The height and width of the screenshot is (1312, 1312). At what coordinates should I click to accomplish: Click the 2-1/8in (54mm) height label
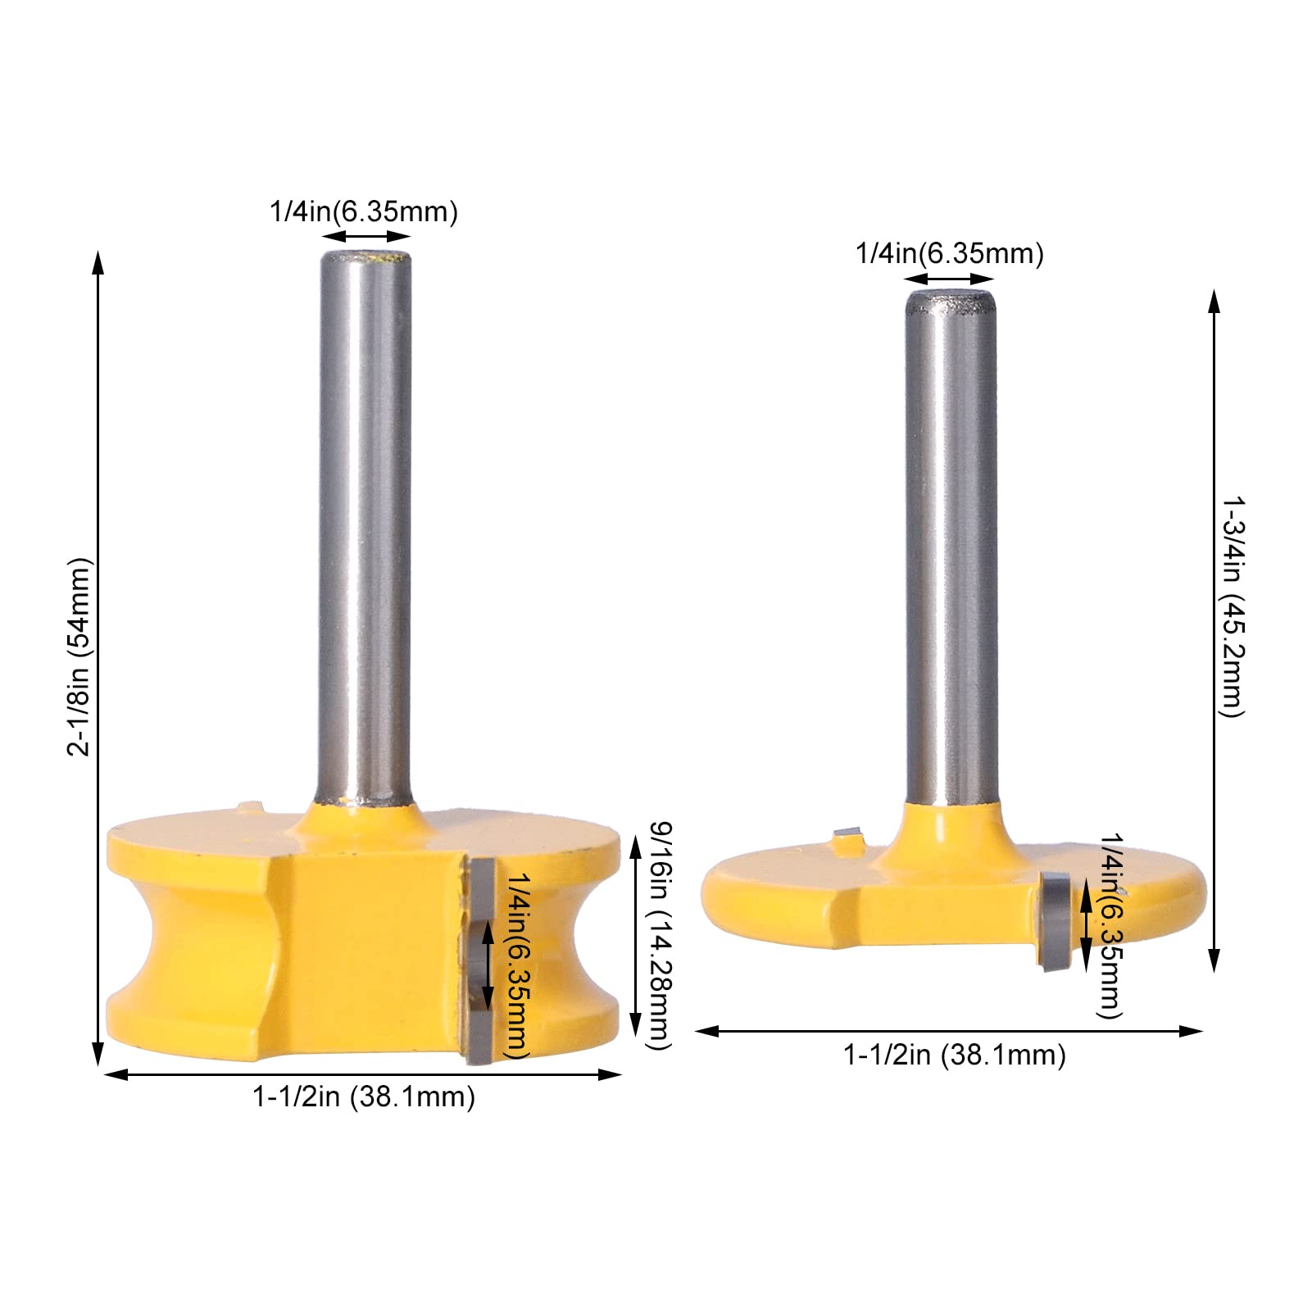[x=80, y=656]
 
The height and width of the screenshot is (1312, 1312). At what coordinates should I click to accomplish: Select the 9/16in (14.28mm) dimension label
[x=660, y=936]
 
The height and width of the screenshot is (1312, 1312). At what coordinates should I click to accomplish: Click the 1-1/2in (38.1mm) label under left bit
[x=364, y=1096]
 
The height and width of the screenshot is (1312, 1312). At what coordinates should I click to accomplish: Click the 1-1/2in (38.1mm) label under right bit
[x=955, y=1055]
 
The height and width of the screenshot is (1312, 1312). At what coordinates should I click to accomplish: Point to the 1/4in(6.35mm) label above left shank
[x=364, y=211]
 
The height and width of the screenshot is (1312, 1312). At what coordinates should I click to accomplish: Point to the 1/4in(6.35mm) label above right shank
[x=950, y=253]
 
